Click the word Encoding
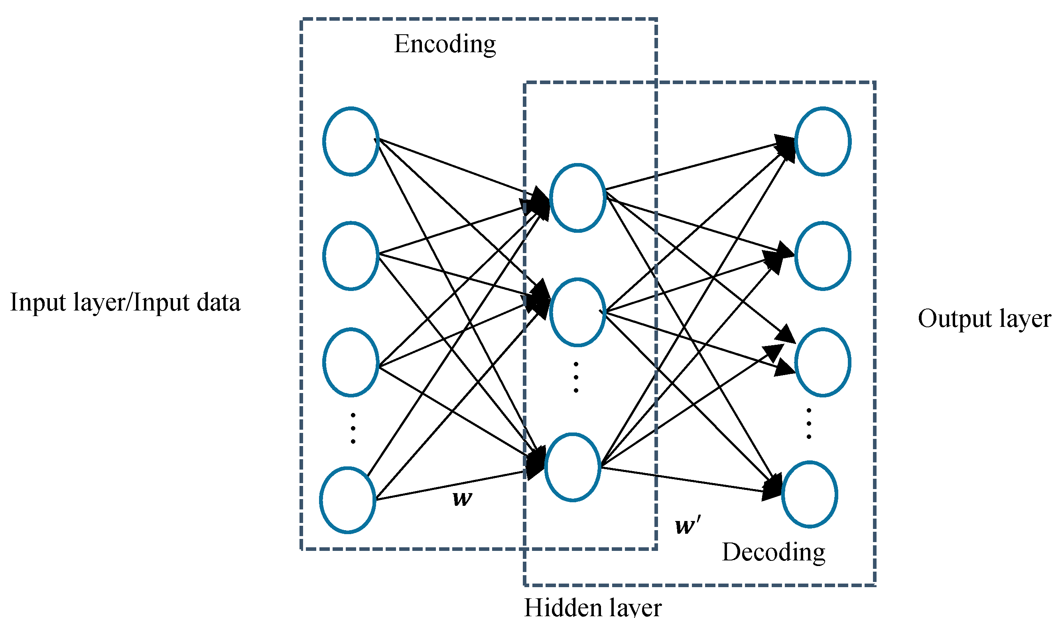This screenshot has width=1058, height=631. (x=445, y=44)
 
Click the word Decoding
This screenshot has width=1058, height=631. (x=773, y=552)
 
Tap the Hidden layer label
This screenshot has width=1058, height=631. (x=592, y=608)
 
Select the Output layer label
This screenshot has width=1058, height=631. (x=984, y=318)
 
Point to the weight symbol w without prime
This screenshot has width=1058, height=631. (x=462, y=498)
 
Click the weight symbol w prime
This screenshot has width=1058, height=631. (x=687, y=525)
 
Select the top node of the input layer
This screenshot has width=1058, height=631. (x=351, y=141)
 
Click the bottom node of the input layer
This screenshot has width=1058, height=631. (x=348, y=500)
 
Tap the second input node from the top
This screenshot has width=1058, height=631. (x=351, y=256)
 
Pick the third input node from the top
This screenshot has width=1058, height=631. (x=351, y=362)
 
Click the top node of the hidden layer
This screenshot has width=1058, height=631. (x=577, y=198)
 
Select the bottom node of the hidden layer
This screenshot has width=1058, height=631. (x=573, y=468)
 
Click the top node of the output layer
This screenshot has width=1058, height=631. (x=823, y=141)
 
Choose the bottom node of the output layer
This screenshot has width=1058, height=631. (x=810, y=495)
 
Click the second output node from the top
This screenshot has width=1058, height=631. (x=823, y=256)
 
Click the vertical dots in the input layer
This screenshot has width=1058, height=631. (x=353, y=428)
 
